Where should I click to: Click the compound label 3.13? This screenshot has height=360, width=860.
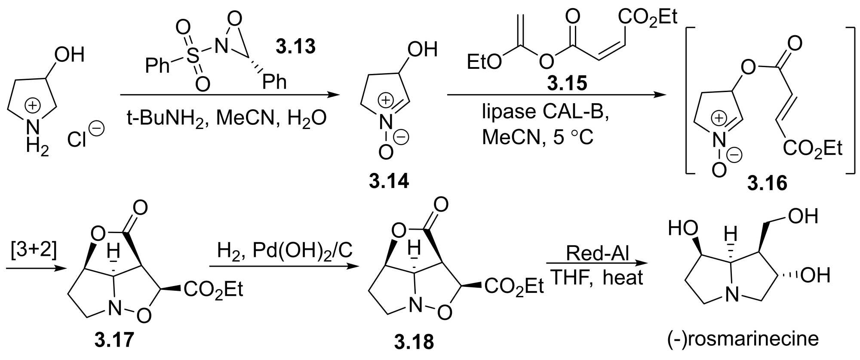tap(295, 46)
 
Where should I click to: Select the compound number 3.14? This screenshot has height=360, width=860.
tap(389, 181)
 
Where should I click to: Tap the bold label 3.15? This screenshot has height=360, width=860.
tap(567, 83)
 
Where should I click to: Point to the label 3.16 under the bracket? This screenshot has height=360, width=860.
tap(767, 184)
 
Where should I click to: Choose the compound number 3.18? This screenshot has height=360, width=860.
tap(414, 342)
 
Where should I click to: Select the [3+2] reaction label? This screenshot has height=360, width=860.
tap(34, 250)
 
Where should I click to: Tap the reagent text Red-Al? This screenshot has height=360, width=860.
tap(597, 253)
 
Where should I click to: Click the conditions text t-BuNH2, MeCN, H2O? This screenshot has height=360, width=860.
tap(227, 117)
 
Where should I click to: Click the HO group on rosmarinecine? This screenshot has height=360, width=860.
tap(683, 228)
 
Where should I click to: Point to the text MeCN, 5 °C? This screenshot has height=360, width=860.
tap(537, 137)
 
